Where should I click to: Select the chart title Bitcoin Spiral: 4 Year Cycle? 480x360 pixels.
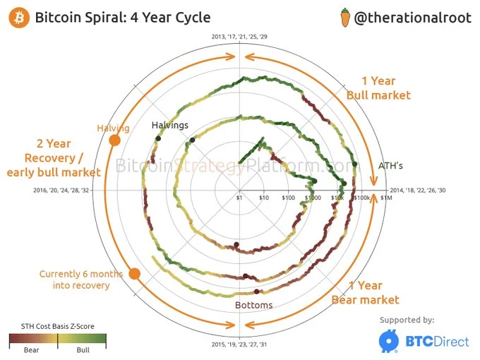click(123, 18)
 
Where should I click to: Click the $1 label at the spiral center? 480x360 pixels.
click(239, 198)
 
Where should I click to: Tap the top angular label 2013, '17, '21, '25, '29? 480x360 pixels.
click(239, 36)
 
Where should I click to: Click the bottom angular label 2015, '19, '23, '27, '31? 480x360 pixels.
click(239, 344)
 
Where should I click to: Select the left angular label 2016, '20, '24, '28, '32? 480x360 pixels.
click(61, 191)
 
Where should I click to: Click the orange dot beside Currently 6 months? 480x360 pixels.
click(135, 274)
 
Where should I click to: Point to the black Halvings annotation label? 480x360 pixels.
click(170, 125)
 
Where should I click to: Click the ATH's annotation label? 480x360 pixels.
click(390, 167)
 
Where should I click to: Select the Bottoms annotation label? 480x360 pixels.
click(253, 306)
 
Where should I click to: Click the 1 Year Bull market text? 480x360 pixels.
click(378, 88)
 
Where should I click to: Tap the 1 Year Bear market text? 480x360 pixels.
click(365, 292)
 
